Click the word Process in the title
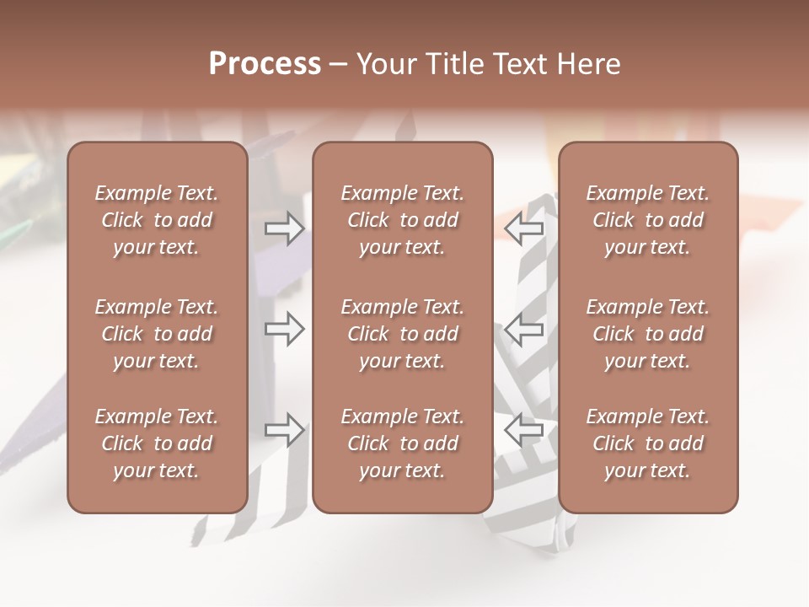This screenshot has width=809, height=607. point(265,64)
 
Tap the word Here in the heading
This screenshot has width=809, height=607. point(590,64)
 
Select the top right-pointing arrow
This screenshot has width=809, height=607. point(284,228)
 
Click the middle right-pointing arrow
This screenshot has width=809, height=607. point(284,329)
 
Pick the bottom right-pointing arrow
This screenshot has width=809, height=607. point(284,430)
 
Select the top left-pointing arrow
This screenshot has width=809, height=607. point(524,228)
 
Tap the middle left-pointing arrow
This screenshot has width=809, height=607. point(524,329)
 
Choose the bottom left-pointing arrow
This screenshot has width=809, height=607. point(524,430)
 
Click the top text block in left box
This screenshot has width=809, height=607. point(157,220)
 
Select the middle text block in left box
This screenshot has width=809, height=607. point(157,334)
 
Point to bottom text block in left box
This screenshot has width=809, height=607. point(157,443)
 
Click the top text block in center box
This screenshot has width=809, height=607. point(402,220)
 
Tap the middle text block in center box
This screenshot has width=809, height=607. point(402,334)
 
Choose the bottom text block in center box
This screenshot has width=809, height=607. point(402,443)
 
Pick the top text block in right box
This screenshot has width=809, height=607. point(647,220)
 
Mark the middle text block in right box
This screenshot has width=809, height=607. point(647,334)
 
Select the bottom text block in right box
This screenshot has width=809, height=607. point(647,443)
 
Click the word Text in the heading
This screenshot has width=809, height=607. point(523,64)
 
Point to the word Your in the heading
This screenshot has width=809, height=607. point(387,64)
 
